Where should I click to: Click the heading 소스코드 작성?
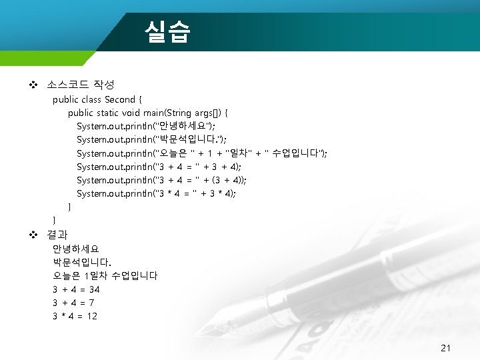click(x=81, y=85)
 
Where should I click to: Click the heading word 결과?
click(x=57, y=235)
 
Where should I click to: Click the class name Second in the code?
click(x=120, y=99)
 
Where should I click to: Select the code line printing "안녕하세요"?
click(x=146, y=126)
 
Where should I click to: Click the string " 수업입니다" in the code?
click(x=293, y=153)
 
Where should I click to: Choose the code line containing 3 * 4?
click(x=156, y=193)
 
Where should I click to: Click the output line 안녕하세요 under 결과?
click(x=75, y=249)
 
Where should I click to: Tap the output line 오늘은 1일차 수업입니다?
click(x=105, y=275)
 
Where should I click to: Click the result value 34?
click(x=94, y=289)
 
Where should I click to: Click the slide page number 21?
click(x=446, y=348)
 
